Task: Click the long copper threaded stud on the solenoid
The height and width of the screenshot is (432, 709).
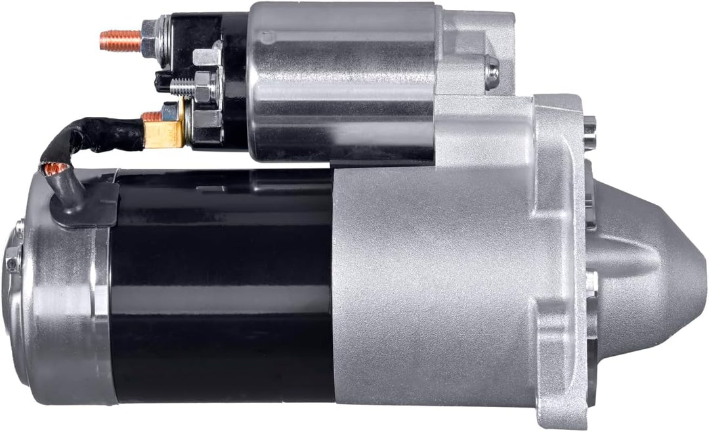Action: point(119,41)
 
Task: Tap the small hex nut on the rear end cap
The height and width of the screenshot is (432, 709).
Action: point(12,263)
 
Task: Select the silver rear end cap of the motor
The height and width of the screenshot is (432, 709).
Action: point(59,309)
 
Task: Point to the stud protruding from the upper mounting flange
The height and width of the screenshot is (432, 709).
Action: point(590,123)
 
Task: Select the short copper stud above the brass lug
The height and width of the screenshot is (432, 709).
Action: point(152,117)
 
